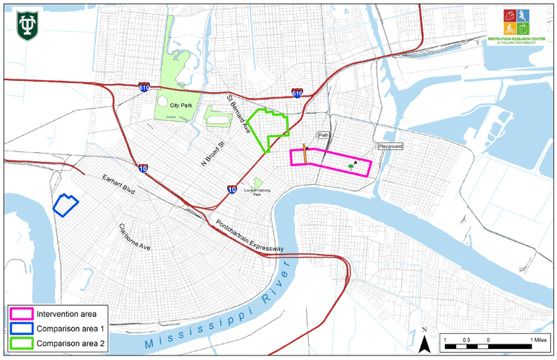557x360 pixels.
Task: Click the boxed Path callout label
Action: click(323, 136)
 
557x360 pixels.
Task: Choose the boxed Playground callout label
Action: click(391, 147)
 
